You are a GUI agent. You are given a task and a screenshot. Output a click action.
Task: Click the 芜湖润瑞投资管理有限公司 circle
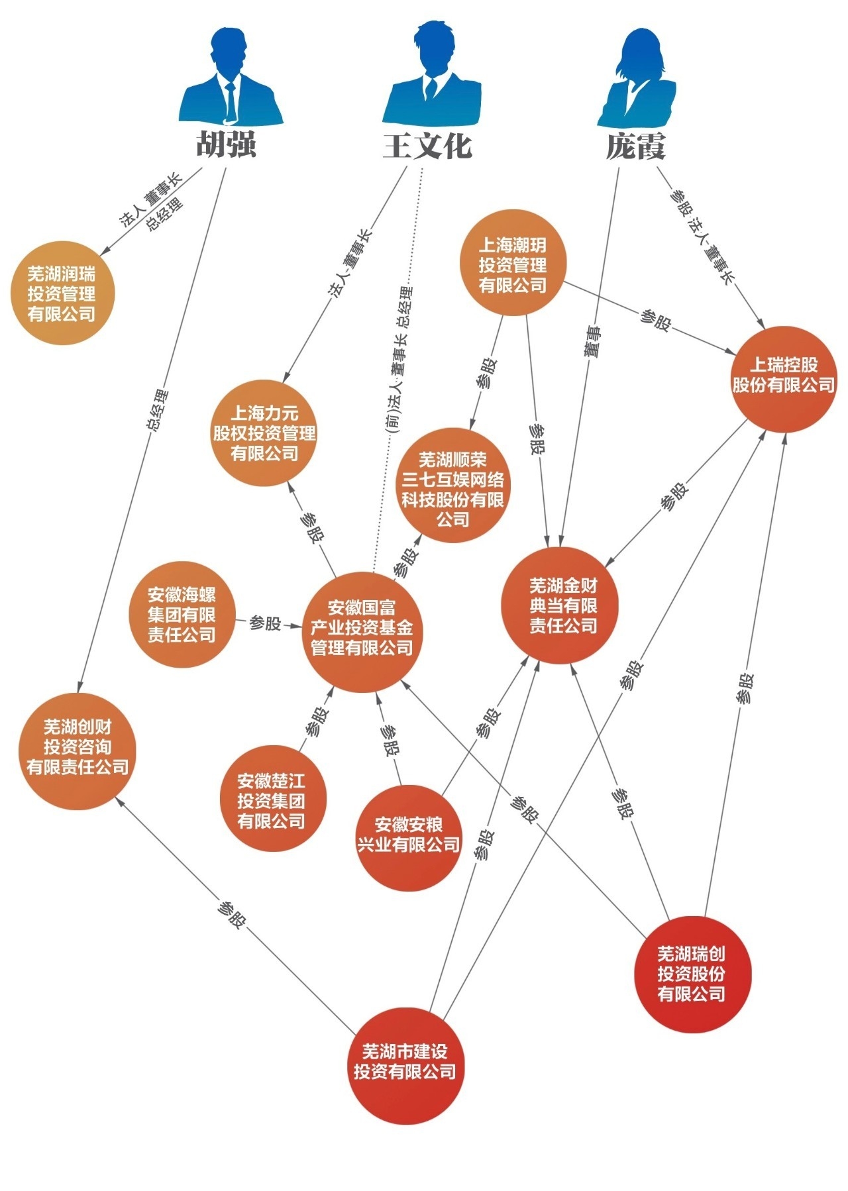tap(62, 293)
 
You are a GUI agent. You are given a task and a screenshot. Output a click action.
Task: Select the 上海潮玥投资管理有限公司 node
tap(513, 263)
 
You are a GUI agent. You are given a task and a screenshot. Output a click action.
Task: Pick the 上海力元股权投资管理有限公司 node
tap(264, 433)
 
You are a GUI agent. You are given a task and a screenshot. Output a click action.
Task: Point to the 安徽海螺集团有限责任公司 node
tap(182, 614)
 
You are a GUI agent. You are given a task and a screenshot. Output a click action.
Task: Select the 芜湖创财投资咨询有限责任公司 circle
tap(78, 751)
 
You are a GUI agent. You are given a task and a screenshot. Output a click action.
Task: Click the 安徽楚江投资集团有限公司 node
tap(272, 798)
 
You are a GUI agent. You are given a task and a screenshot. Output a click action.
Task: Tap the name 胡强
tap(226, 145)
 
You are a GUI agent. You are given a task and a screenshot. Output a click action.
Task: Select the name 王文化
tap(428, 145)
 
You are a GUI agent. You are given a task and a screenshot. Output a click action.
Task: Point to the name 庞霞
tap(635, 145)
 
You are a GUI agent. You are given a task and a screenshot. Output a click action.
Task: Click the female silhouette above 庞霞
tap(637, 79)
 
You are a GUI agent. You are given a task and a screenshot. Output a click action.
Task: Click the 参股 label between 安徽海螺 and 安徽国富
tap(264, 623)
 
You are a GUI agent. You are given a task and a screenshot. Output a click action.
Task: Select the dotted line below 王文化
tap(398, 370)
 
